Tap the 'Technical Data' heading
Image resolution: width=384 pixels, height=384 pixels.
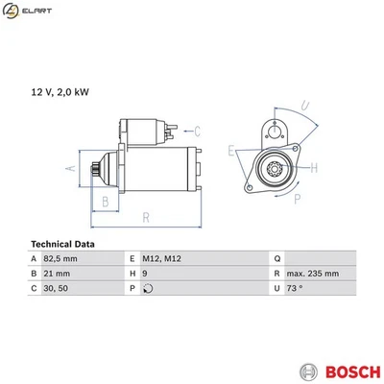click(63, 244)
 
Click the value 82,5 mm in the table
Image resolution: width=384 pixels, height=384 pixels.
click(62, 259)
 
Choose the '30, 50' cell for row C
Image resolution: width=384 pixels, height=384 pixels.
click(57, 288)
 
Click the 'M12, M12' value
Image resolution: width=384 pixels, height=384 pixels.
click(163, 259)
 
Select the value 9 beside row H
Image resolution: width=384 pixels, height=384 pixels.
click(145, 274)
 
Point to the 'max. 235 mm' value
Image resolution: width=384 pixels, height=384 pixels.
click(312, 274)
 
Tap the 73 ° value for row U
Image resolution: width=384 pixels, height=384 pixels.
click(294, 288)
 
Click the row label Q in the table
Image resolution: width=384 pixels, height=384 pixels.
click(276, 259)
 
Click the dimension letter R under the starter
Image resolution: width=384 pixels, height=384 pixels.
click(146, 218)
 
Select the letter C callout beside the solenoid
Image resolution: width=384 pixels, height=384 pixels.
click(196, 131)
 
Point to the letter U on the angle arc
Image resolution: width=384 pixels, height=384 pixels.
click(304, 105)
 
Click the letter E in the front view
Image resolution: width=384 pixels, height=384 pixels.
click(231, 152)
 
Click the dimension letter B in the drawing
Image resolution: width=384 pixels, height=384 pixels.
click(105, 201)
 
